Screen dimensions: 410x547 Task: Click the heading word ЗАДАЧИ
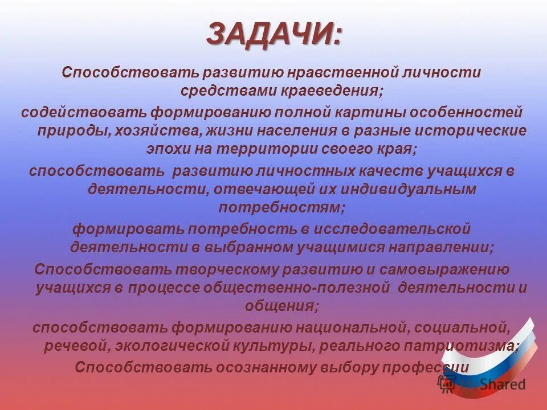275,35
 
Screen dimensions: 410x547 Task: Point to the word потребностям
281,207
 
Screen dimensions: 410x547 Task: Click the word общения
281,306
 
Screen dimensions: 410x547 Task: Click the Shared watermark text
501,385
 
